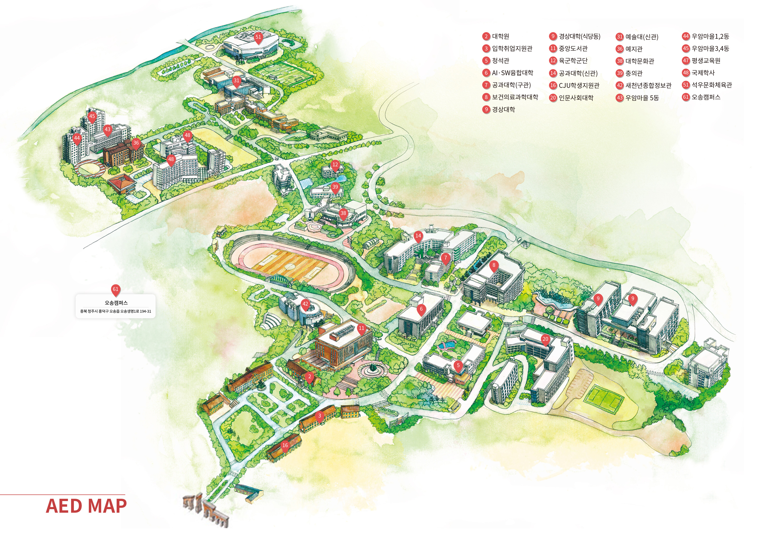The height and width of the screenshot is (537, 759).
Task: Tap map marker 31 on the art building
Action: click(x=236, y=81)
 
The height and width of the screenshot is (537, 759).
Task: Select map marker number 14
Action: click(x=418, y=236)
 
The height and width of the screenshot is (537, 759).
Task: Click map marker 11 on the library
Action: click(x=361, y=328)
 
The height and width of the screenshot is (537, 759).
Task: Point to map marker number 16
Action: click(x=285, y=445)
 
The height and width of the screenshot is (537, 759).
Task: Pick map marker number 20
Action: click(x=545, y=339)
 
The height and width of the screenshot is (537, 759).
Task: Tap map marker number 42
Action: click(x=305, y=304)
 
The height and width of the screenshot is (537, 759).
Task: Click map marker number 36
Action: click(x=136, y=143)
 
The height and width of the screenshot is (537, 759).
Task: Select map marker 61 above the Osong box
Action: click(x=115, y=289)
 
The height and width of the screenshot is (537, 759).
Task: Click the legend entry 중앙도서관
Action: click(x=573, y=49)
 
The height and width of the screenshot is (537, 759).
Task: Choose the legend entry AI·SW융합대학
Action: click(x=512, y=73)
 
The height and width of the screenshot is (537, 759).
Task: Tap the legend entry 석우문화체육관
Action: click(x=711, y=85)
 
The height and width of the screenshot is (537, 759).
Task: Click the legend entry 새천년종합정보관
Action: click(x=648, y=85)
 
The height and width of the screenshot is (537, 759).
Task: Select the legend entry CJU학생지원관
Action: click(x=579, y=85)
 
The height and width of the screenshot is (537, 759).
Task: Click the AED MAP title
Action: click(x=86, y=506)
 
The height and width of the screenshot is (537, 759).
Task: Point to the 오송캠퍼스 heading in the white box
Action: click(x=116, y=303)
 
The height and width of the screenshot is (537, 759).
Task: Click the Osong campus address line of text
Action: click(x=115, y=311)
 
